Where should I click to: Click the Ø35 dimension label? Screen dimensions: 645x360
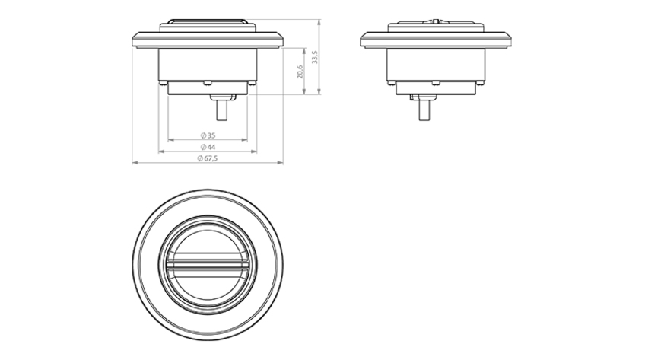[x=208, y=135]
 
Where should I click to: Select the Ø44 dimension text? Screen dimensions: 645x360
[x=208, y=147]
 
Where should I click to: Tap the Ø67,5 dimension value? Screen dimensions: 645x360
[x=208, y=158]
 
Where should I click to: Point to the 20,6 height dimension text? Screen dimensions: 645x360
[x=300, y=72]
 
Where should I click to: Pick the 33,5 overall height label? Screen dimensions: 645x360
[x=315, y=57]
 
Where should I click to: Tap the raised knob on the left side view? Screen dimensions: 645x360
[x=208, y=21]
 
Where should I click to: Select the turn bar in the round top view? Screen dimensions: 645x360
[x=208, y=264]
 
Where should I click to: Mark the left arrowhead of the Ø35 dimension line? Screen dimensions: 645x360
[x=170, y=140]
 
